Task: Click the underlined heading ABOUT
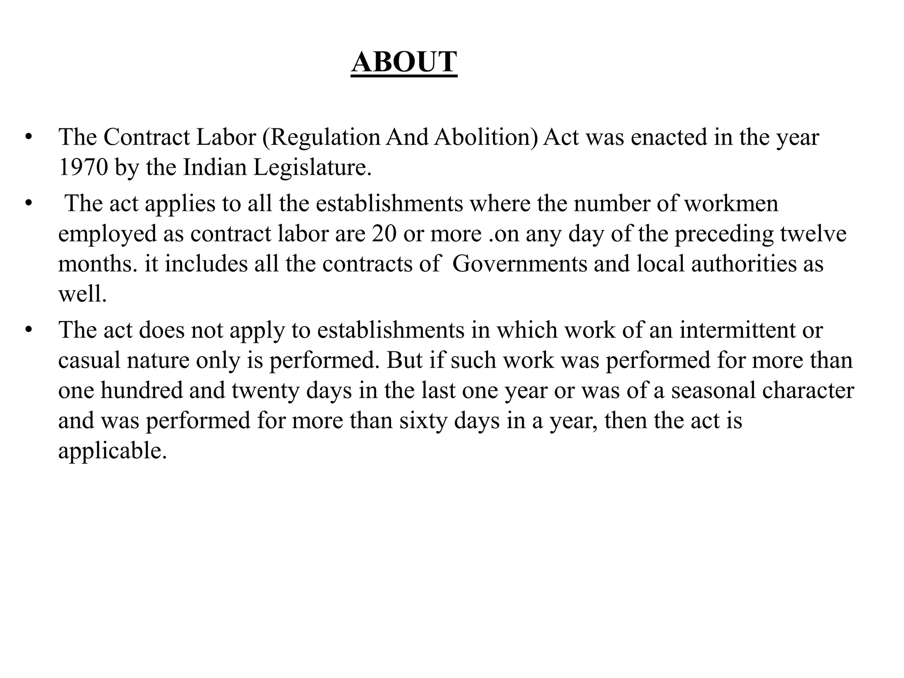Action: (404, 62)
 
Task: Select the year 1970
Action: (83, 168)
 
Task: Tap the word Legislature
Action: (312, 168)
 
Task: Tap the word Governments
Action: (520, 264)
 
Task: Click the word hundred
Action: (141, 391)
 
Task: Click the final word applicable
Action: (113, 451)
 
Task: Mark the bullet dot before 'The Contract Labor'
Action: (29, 137)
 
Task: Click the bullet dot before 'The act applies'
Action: (29, 204)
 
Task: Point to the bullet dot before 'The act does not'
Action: (29, 330)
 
